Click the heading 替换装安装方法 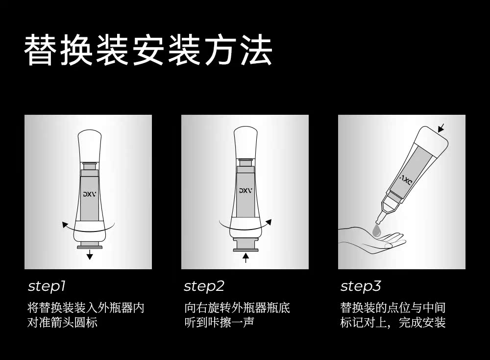pos(148,50)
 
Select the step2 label pos(204,286)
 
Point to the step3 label pos(361,286)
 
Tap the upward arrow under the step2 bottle pos(245,257)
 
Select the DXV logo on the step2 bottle pos(245,190)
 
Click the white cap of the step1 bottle pos(89,145)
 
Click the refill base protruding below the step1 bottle pos(89,245)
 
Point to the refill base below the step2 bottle pos(245,245)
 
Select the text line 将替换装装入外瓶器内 pos(86,309)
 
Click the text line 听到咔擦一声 pos(219,323)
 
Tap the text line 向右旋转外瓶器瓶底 pos(237,309)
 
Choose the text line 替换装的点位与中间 pos(393,309)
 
